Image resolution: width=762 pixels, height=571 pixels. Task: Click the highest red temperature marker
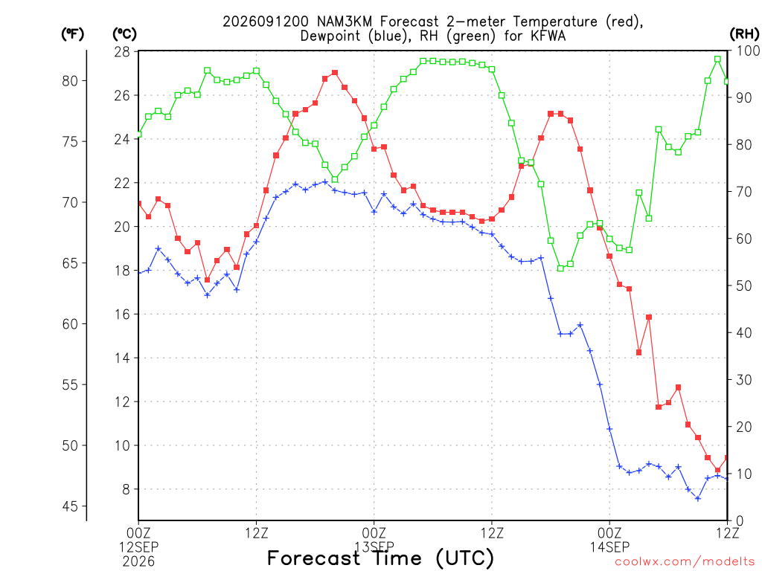pos(335,73)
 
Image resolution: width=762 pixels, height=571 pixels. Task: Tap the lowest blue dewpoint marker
pos(698,499)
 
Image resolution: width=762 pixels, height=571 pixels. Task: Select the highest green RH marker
pos(718,59)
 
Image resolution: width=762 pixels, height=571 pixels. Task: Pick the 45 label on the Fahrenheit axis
pos(70,506)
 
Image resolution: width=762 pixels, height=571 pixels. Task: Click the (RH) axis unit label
pos(744,33)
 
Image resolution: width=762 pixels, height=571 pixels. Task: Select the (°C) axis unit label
pos(125,33)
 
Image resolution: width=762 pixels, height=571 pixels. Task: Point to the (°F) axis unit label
pos(72,33)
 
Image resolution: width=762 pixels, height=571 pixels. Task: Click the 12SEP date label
pos(138,547)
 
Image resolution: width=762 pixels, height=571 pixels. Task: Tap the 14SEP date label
pos(610,547)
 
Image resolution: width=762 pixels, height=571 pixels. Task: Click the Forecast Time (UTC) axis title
pos(380,558)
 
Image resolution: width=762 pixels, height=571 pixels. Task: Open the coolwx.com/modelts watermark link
pos(685,562)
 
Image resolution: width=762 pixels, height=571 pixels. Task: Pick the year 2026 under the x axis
pos(138,562)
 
